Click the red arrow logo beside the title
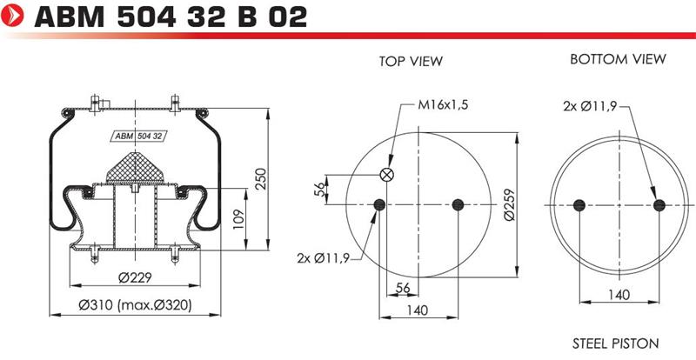12,15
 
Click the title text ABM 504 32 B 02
171,17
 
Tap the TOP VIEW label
411,61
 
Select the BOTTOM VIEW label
618,59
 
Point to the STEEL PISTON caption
615,343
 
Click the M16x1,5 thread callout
443,104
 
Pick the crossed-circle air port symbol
386,175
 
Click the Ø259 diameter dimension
509,204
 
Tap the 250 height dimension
260,178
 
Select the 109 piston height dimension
238,219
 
